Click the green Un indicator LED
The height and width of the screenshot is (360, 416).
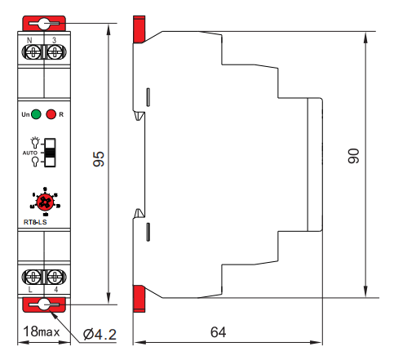37,114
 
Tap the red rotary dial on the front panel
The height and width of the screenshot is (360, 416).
43,200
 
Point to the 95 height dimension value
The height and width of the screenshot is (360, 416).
99,159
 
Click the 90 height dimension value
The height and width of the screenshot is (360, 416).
354,158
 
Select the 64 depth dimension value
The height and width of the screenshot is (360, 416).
218,332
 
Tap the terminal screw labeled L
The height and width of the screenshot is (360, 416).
33,275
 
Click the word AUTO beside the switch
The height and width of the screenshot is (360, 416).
29,153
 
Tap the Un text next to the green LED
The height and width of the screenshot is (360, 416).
25,115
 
